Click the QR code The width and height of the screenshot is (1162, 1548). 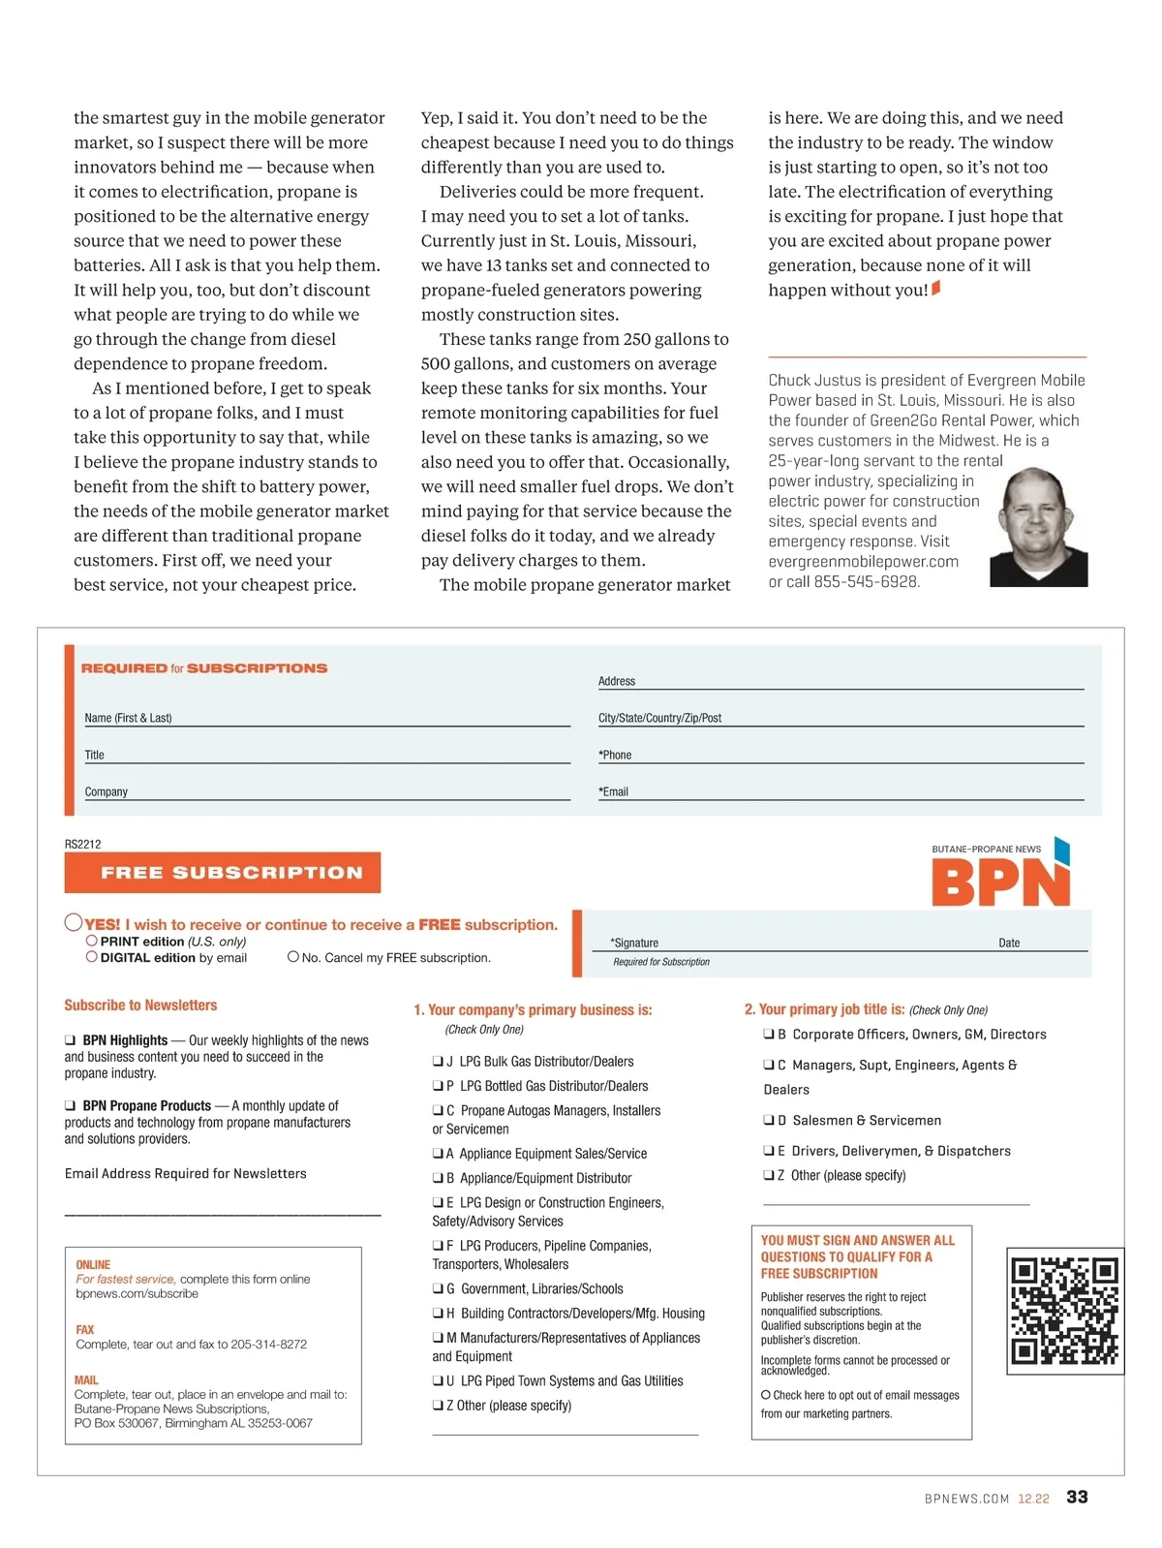pos(1064,1311)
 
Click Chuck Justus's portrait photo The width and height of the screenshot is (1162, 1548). pos(1038,528)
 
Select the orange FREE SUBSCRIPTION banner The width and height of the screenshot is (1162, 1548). pos(223,873)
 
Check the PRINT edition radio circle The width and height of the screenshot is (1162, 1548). pos(92,941)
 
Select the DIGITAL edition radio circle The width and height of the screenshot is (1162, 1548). pos(92,957)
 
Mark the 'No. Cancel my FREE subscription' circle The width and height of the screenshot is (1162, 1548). pos(292,957)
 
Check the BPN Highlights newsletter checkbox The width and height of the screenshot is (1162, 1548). pos(71,1040)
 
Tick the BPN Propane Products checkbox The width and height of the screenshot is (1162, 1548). pos(71,1105)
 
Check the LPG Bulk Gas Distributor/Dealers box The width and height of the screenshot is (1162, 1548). pos(438,1062)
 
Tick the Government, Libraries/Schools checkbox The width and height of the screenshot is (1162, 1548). pos(438,1289)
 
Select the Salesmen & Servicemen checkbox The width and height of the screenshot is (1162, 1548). pos(769,1121)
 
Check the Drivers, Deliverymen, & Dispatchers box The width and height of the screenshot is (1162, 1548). pos(769,1151)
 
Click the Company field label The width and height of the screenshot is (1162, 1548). pos(106,791)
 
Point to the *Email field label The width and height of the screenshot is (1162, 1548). pos(614,791)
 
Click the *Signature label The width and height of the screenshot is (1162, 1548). pos(634,943)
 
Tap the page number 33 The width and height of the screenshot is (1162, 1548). pos(1077,1497)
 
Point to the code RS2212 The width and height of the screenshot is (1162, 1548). pos(83,844)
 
